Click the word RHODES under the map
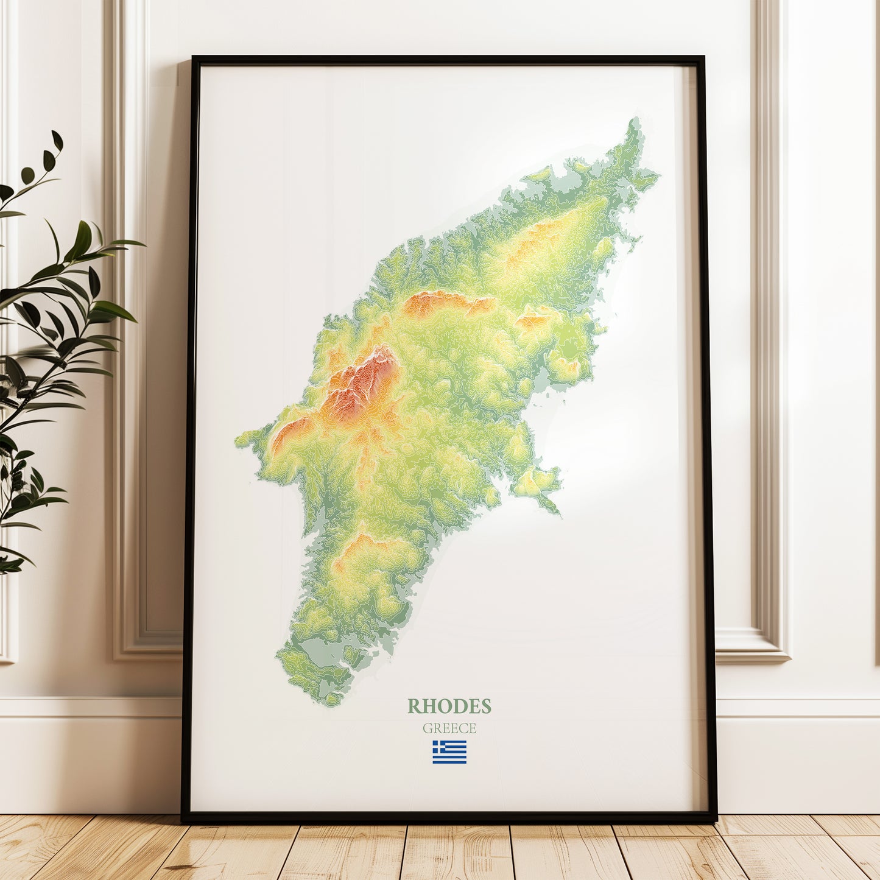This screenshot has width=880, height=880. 449,706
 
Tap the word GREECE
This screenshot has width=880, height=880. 449,728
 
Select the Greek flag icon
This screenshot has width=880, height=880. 449,752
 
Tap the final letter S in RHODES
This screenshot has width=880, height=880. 486,706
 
